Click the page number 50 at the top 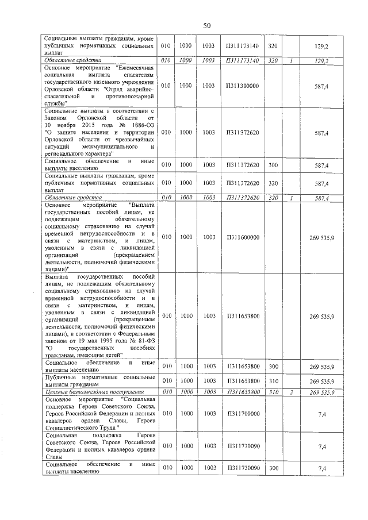click(x=207, y=25)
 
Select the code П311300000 click(x=243, y=86)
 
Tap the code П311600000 click(x=243, y=237)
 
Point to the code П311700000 click(x=243, y=413)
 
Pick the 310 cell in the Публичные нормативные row click(x=273, y=381)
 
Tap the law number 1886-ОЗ click(x=140, y=125)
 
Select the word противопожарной click(x=129, y=96)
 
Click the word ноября click(x=67, y=125)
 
